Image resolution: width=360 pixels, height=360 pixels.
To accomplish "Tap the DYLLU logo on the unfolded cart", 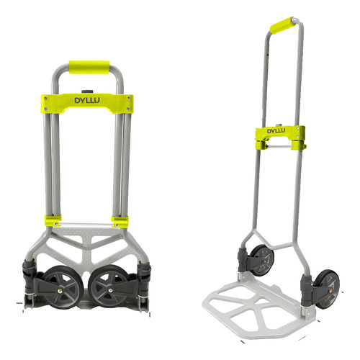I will click(277, 133).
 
